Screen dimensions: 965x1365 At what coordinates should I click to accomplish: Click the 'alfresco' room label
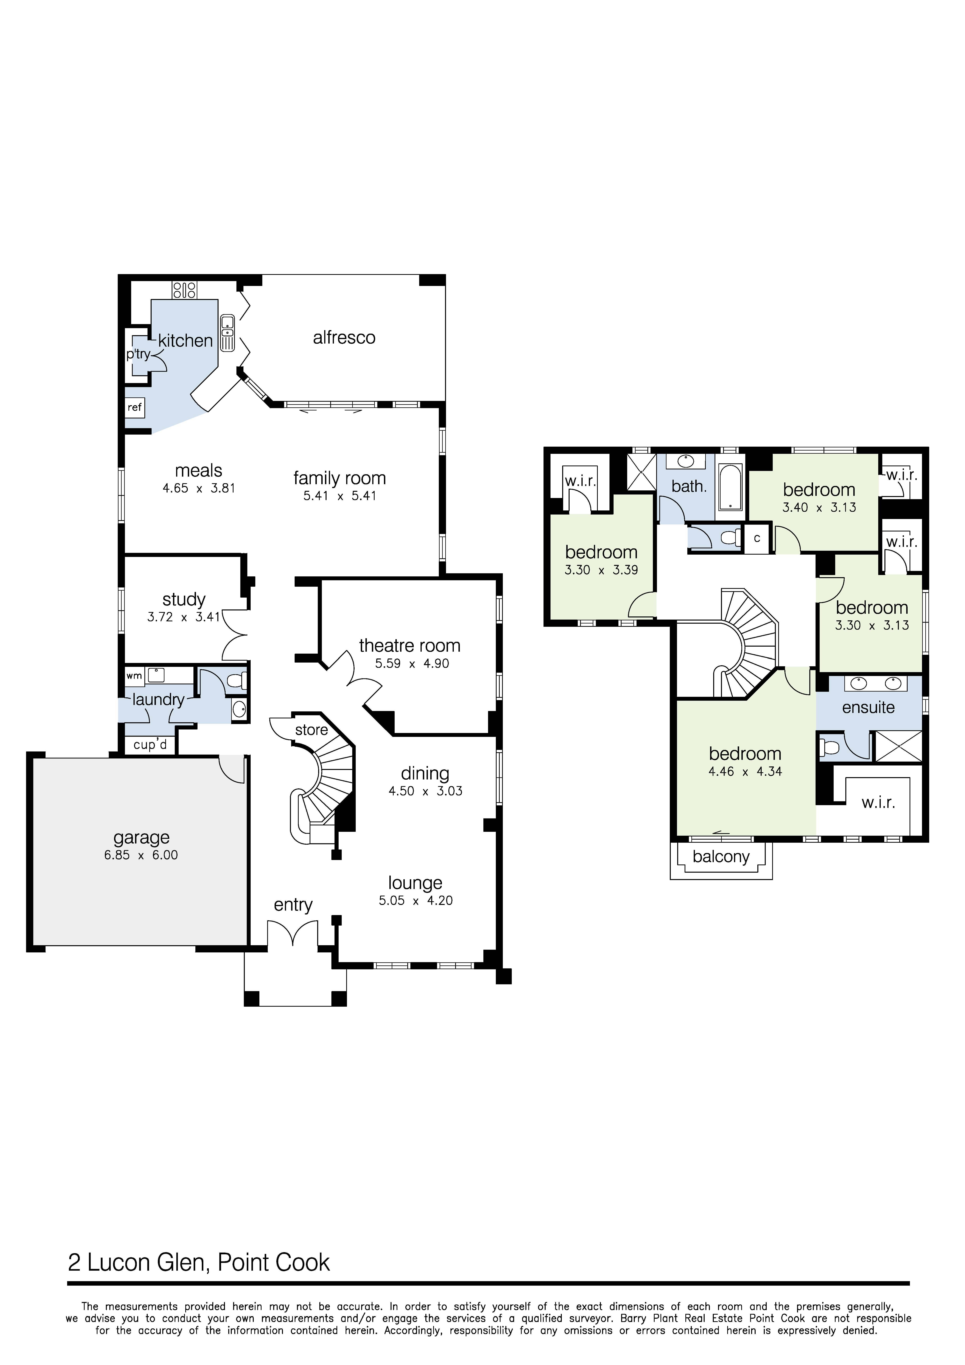(344, 338)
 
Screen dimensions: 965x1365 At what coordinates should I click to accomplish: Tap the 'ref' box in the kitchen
(135, 407)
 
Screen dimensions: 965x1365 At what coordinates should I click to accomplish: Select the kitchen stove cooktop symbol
(184, 290)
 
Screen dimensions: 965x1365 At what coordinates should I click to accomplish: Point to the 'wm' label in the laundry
(134, 676)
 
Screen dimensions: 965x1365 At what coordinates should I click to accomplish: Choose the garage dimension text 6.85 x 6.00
(141, 856)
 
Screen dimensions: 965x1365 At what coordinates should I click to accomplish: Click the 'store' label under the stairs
(312, 730)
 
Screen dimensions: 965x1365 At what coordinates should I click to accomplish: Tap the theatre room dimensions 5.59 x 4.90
(412, 664)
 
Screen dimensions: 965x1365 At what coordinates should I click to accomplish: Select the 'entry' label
(293, 905)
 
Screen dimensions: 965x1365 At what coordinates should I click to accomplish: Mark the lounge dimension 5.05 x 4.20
(416, 901)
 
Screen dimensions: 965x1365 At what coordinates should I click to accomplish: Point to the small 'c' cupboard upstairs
(757, 539)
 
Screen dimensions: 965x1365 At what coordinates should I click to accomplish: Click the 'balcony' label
(721, 857)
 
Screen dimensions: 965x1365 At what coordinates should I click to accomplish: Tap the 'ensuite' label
(869, 707)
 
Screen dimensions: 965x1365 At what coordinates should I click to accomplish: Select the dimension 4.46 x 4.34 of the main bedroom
(745, 772)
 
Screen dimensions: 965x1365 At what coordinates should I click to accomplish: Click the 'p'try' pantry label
(139, 354)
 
